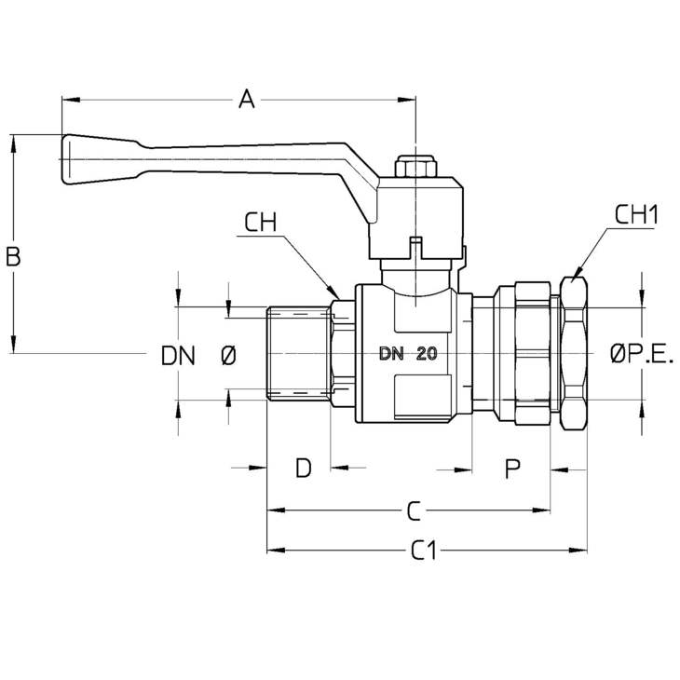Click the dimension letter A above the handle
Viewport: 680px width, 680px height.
click(x=247, y=100)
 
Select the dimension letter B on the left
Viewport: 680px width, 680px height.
click(x=13, y=256)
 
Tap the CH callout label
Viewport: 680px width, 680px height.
click(x=260, y=223)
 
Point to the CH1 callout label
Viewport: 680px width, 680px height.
click(x=636, y=214)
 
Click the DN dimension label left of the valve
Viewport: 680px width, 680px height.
click(x=178, y=356)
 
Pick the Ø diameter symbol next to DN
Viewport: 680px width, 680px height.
click(x=228, y=356)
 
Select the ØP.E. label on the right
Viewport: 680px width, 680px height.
click(x=642, y=354)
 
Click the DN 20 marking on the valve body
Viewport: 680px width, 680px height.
click(x=408, y=354)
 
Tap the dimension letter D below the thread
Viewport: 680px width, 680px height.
click(x=303, y=468)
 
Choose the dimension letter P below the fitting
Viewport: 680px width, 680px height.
click(x=512, y=469)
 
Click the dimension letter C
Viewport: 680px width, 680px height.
click(x=415, y=510)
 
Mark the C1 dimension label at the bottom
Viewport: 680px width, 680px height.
click(x=424, y=551)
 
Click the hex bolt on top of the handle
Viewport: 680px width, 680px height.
click(x=415, y=167)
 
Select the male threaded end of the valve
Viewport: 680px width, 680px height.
click(x=298, y=353)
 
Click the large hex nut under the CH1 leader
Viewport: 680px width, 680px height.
click(x=573, y=353)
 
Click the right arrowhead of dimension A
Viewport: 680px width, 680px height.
click(x=406, y=100)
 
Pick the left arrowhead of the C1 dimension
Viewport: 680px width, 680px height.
click(x=277, y=551)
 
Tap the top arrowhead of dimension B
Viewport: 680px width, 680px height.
click(x=13, y=143)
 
